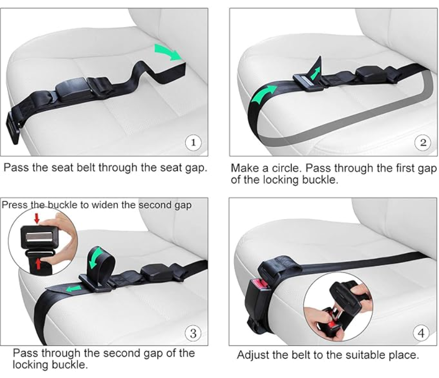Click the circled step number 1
(193, 142)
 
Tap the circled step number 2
(423, 142)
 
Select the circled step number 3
(193, 333)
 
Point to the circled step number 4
(421, 333)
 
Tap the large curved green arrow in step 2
(263, 94)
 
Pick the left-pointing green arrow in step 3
(73, 288)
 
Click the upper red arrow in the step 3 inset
(36, 218)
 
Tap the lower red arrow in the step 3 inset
(39, 264)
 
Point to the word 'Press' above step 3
(14, 205)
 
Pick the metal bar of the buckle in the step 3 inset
(39, 236)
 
